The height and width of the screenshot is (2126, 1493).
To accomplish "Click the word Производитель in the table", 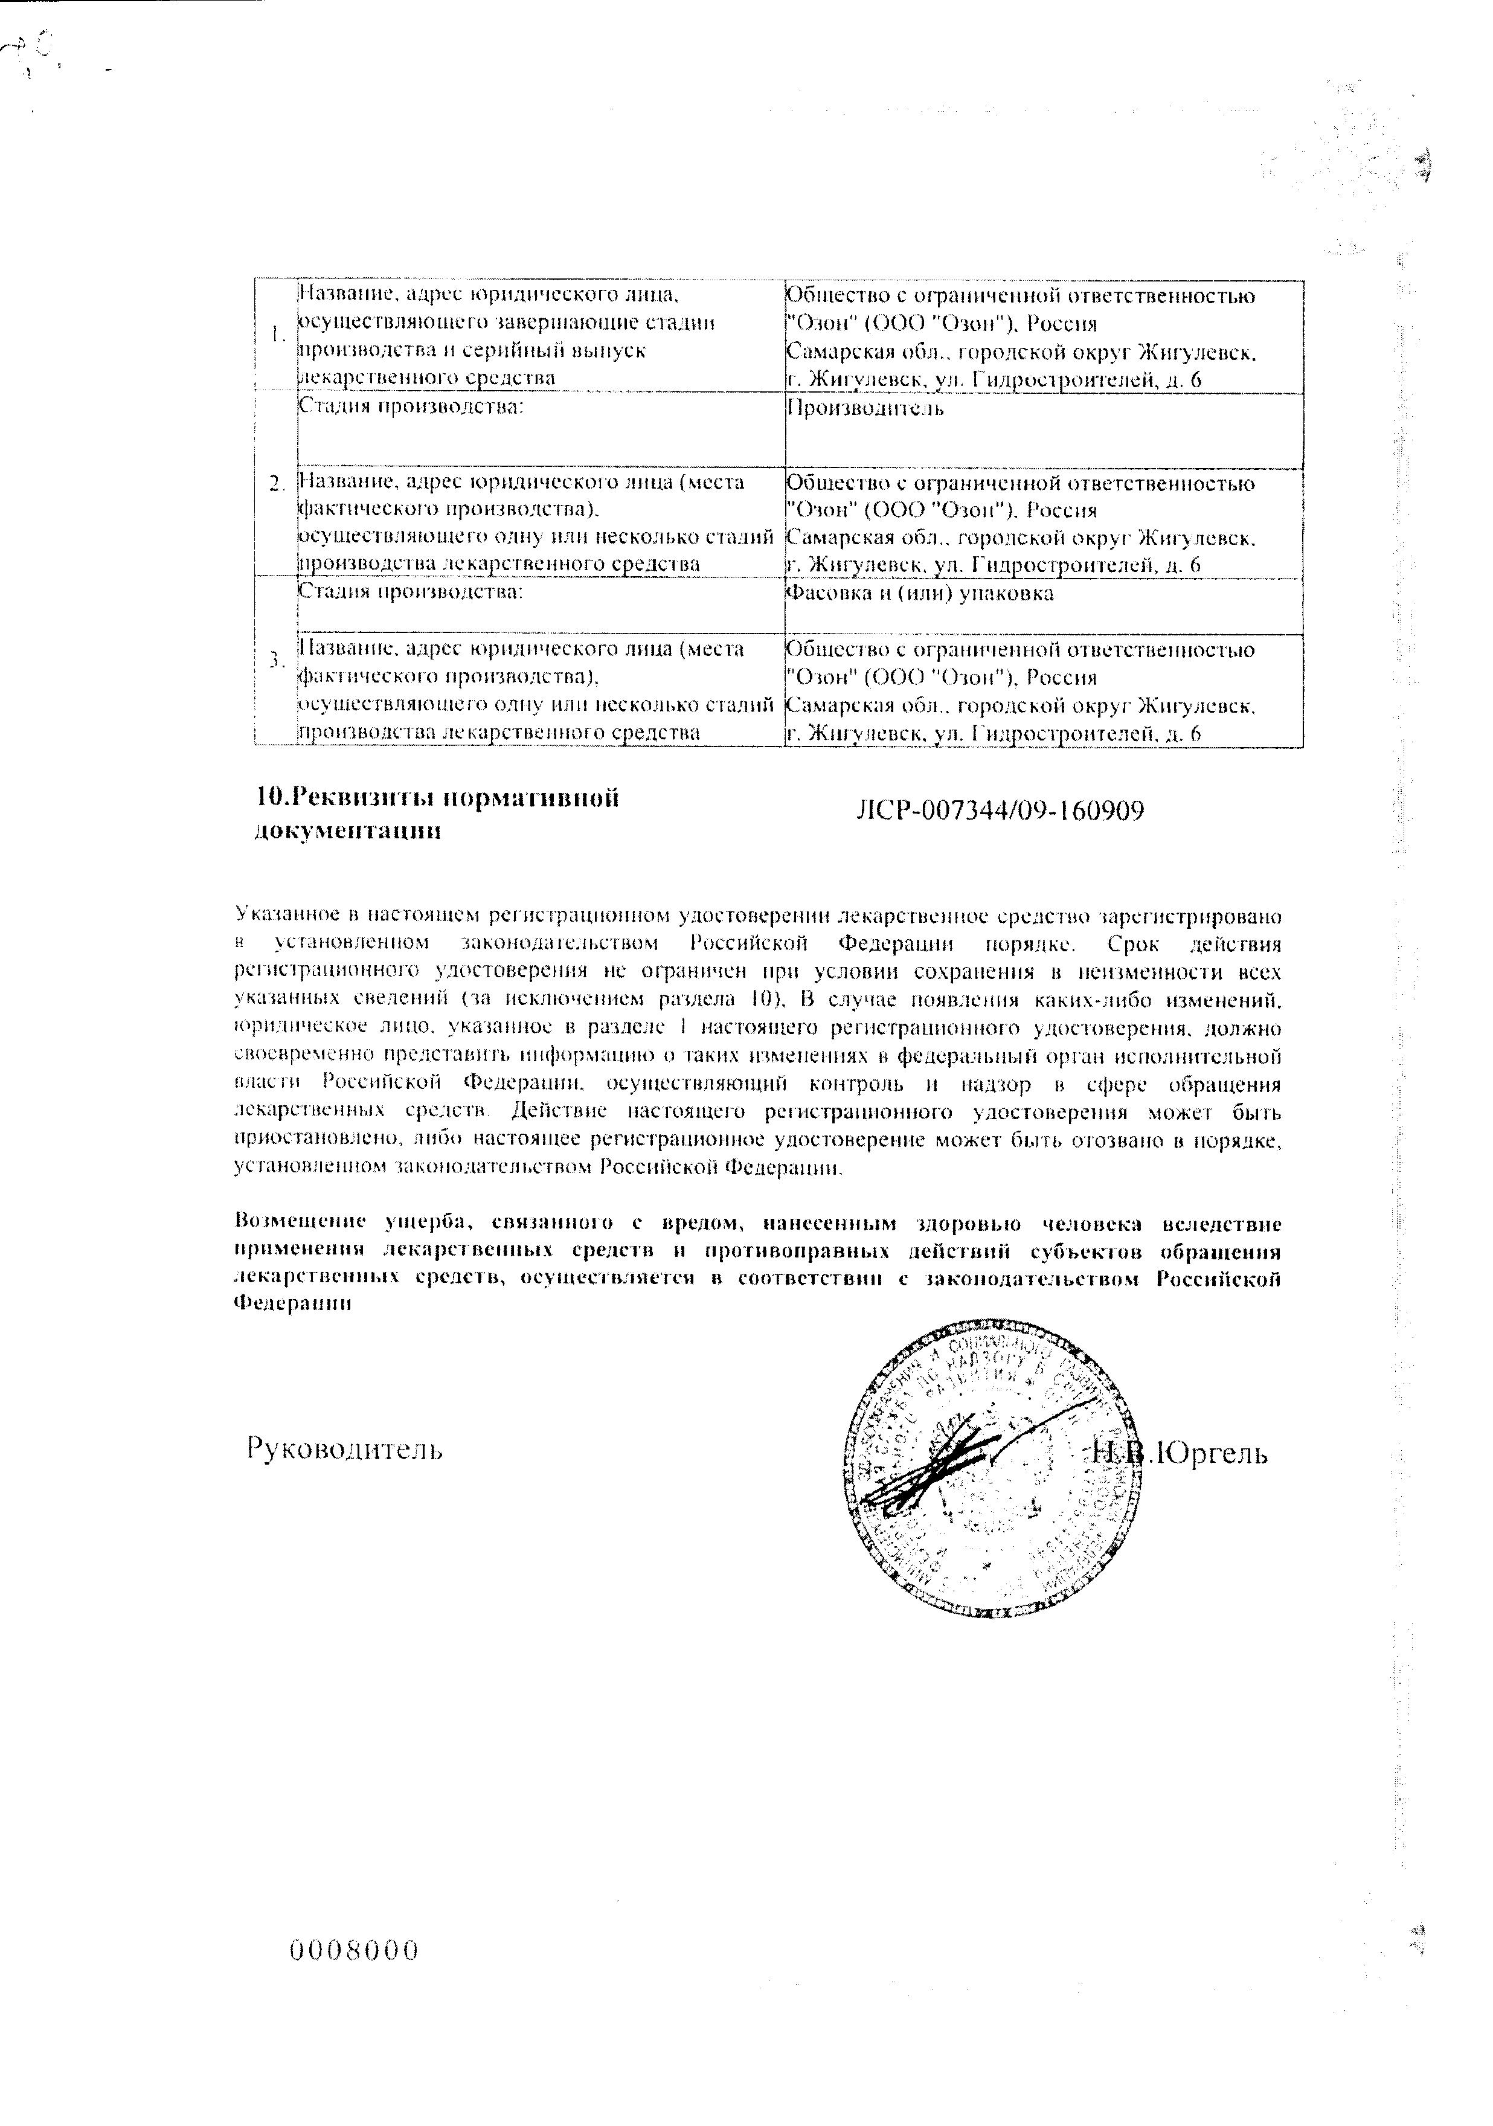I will pos(865,408).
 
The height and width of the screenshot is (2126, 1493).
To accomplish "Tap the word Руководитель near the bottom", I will pos(344,1448).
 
